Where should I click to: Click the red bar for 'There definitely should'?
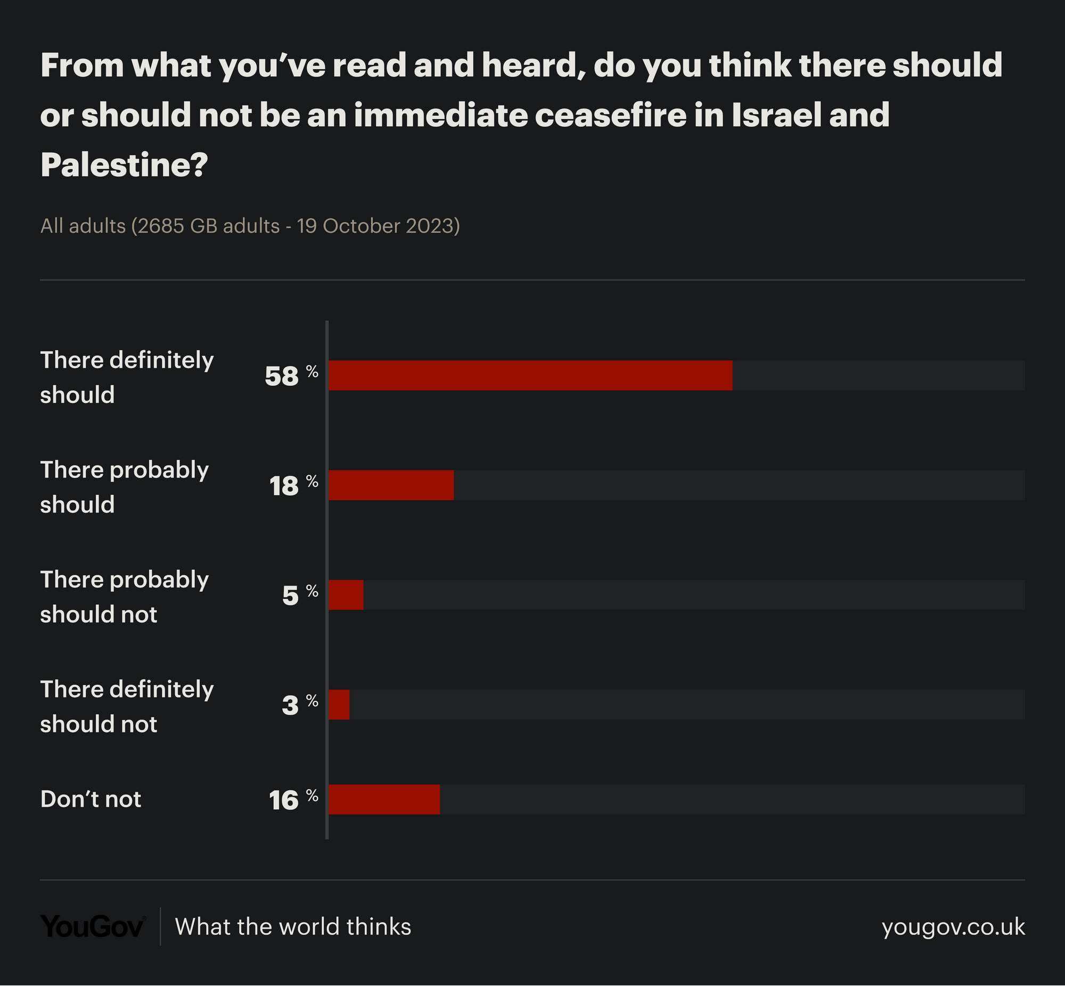[x=530, y=376]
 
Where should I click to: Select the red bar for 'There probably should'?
[x=391, y=485]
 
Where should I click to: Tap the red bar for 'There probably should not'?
[x=346, y=595]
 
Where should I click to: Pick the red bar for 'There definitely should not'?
[x=339, y=705]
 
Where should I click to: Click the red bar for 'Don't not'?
[x=384, y=799]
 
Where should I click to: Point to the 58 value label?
[x=282, y=377]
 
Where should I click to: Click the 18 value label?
[x=284, y=486]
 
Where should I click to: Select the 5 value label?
[x=290, y=596]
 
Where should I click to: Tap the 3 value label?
[x=290, y=706]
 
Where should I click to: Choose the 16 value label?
[x=284, y=800]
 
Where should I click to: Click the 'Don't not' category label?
[x=91, y=799]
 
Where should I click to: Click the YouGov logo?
[x=93, y=927]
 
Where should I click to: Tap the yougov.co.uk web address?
[x=953, y=927]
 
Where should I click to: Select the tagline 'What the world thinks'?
[x=293, y=927]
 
